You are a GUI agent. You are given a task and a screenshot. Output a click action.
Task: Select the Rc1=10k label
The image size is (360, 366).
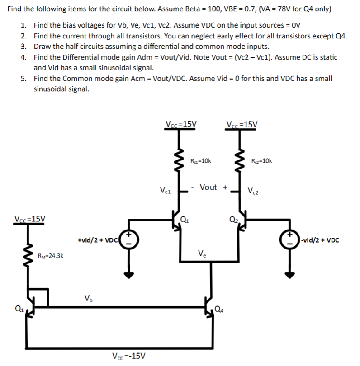coord(200,160)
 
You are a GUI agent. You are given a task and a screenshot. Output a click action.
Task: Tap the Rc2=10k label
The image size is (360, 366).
coord(261,160)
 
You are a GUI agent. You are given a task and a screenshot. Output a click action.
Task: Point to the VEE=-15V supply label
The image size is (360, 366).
coord(128,356)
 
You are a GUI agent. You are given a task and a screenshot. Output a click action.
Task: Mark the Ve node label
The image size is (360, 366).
coord(202,253)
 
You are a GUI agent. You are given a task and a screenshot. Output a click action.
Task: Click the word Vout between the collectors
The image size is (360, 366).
coord(208,187)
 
